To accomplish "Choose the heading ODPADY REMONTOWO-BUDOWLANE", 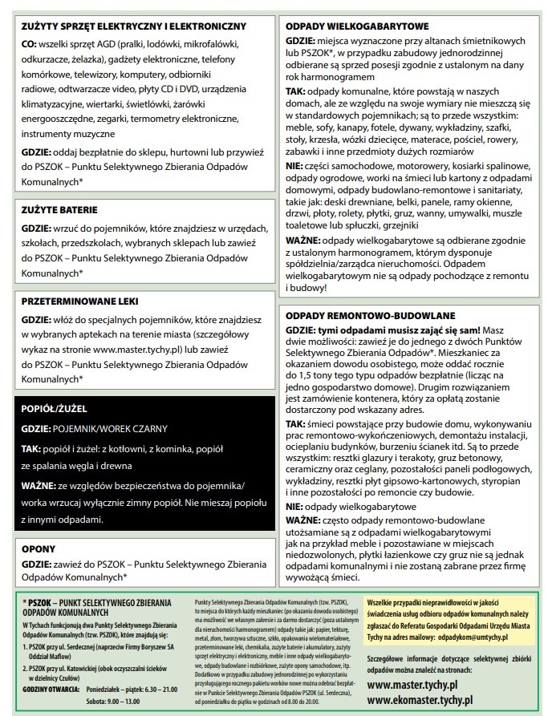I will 370,315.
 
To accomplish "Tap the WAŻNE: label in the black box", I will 37,486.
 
